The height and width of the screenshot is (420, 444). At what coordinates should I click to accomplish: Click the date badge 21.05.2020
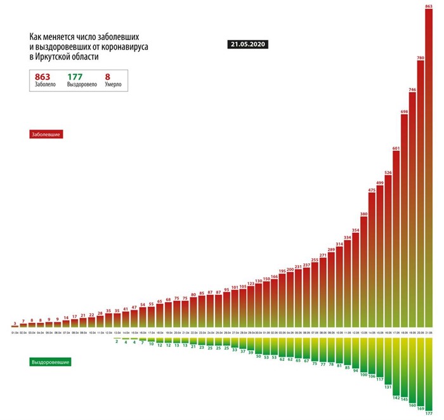[x=247, y=45]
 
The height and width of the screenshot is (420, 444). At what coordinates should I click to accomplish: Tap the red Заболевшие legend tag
[x=48, y=135]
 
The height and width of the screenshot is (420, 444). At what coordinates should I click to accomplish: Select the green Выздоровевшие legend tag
[x=50, y=362]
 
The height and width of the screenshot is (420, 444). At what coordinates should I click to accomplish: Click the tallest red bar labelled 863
[x=429, y=171]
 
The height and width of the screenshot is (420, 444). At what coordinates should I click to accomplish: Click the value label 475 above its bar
[x=372, y=190]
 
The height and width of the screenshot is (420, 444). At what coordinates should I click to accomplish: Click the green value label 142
[x=396, y=398]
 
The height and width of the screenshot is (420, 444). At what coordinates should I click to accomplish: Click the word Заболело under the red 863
[x=45, y=84]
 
